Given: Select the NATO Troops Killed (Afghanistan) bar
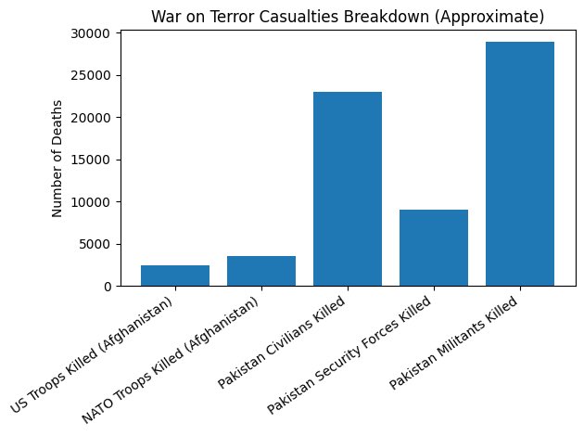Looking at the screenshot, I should click(261, 271).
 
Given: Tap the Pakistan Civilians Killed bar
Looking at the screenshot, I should click(348, 189).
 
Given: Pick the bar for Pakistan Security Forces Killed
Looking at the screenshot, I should click(434, 248).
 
